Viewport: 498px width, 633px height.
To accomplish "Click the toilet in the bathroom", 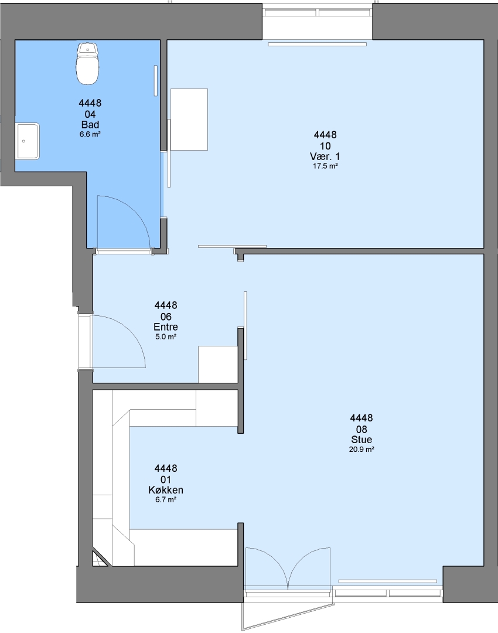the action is [87, 64].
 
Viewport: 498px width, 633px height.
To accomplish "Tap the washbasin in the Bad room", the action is [28, 141].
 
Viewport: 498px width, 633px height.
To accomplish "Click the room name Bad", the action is [90, 125].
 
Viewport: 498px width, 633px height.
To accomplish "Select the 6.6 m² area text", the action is [90, 134].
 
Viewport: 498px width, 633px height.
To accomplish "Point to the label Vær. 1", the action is [325, 156].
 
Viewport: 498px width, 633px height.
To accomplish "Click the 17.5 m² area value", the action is [325, 166].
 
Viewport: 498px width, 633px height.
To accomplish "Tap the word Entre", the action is [166, 327].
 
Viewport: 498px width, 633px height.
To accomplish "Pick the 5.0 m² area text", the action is [166, 336].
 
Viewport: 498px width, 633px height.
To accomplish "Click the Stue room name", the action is [361, 440].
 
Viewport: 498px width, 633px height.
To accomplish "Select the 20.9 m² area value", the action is [361, 450].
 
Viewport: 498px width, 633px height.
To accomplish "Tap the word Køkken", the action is [166, 490].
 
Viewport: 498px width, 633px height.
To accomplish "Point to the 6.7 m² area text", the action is [166, 500].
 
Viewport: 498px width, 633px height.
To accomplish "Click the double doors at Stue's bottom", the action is [288, 567].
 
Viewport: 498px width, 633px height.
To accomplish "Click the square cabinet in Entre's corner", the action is [218, 365].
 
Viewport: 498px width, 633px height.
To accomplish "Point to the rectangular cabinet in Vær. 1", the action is [189, 120].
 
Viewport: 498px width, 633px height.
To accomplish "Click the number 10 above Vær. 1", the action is [325, 146].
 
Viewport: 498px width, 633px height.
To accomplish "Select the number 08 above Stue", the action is [361, 429].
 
